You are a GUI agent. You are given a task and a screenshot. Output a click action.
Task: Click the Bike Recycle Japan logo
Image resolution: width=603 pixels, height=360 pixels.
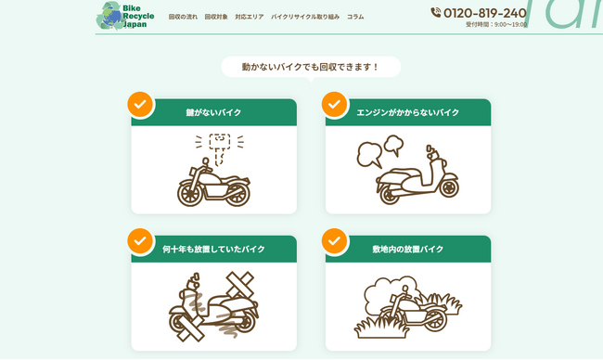click(x=125, y=16)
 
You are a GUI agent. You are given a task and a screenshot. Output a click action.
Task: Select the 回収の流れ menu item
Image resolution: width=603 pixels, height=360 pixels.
click(x=183, y=17)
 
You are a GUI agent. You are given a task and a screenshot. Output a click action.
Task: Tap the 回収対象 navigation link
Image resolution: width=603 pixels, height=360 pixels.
click(x=216, y=17)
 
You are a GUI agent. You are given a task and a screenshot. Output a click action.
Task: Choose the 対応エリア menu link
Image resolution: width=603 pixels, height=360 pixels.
click(x=250, y=17)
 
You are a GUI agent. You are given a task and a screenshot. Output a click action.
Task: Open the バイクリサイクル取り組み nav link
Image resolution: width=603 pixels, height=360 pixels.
click(x=305, y=17)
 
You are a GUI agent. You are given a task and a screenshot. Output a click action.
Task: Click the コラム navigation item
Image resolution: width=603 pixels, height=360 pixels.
click(x=355, y=17)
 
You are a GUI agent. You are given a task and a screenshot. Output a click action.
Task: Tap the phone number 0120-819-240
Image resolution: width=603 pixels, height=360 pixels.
click(x=485, y=13)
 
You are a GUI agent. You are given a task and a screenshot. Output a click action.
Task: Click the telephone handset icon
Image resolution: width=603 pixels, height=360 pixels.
click(x=436, y=13)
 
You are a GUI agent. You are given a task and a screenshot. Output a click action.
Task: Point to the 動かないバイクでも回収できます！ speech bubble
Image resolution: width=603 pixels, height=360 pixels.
click(x=311, y=68)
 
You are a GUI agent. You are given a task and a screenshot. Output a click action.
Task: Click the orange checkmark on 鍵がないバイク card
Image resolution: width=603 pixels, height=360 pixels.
click(x=140, y=104)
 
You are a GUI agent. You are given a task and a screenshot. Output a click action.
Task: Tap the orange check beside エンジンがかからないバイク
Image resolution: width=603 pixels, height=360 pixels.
click(x=335, y=104)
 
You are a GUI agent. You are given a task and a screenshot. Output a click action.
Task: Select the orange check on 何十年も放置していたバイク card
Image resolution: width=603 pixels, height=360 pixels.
click(x=140, y=241)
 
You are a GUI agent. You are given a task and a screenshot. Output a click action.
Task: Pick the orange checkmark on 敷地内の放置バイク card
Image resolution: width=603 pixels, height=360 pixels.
click(x=335, y=241)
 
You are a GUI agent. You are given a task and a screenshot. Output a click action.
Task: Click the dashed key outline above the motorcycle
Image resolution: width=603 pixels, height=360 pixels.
click(x=220, y=149)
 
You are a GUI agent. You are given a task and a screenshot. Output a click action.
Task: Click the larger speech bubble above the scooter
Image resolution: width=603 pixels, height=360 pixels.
click(x=369, y=154)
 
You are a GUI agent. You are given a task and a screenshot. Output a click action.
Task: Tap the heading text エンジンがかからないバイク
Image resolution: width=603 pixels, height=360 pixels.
click(x=408, y=112)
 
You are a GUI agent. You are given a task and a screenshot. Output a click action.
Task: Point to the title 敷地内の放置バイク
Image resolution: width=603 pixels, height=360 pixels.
click(x=408, y=250)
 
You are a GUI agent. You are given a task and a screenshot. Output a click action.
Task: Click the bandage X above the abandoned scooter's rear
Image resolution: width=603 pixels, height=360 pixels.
click(x=240, y=284)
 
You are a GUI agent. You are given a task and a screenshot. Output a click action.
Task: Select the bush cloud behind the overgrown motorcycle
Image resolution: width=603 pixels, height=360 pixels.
click(x=390, y=292)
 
